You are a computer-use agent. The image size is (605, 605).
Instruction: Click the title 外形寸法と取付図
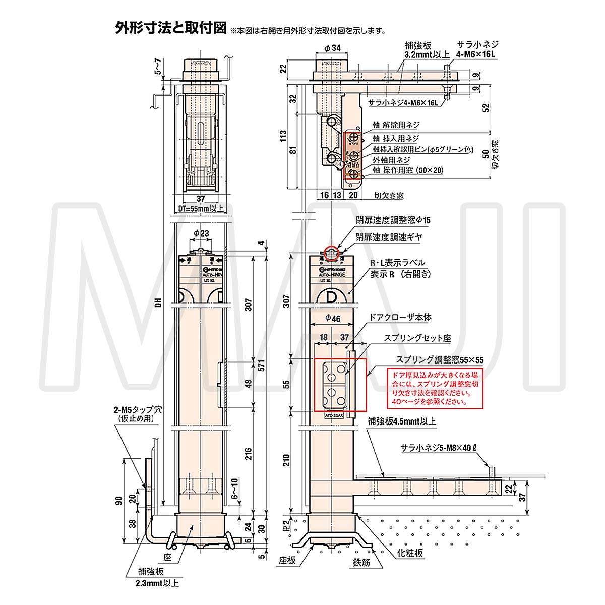(x=171, y=28)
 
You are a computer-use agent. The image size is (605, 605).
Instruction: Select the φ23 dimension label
(x=201, y=233)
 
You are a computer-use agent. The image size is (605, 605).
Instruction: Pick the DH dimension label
(x=158, y=303)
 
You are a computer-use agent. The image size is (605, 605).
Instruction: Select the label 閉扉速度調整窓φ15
(x=393, y=220)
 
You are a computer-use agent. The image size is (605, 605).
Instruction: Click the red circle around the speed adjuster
(x=331, y=253)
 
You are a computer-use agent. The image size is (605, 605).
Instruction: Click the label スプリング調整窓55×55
(x=439, y=360)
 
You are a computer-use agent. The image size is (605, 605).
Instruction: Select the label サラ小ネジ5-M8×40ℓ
(x=439, y=448)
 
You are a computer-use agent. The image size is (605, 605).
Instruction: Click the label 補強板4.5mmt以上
(x=401, y=421)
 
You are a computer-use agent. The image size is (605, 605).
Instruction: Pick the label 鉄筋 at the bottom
(x=361, y=562)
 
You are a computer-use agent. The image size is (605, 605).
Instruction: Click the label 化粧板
(x=410, y=553)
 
